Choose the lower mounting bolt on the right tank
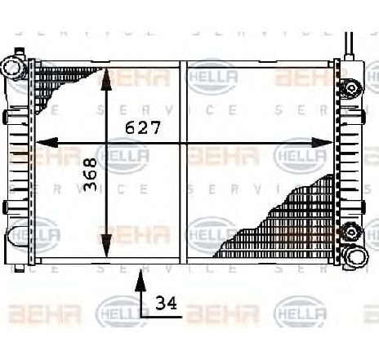click(x=351, y=229)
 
